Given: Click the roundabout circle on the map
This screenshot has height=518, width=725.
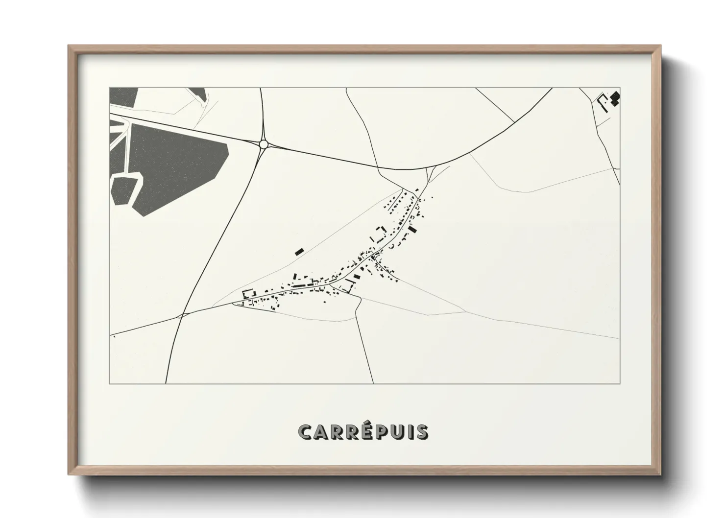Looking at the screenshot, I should coord(264,144).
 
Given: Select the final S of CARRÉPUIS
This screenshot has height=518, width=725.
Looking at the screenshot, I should coord(421,432).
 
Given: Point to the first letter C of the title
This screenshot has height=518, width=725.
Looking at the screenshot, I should coord(306,432).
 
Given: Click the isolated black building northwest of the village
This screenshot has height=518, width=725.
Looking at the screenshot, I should coord(299,252).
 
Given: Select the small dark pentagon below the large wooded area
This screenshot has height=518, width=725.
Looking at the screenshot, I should coord(125,189).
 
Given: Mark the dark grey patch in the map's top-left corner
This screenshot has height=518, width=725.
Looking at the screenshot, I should coord(122,97).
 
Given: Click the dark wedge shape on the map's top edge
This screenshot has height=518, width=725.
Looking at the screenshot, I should coord(198,93).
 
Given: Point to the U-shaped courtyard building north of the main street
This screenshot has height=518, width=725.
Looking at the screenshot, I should coord(379,234).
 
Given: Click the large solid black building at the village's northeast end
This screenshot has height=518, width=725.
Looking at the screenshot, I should coord(412,230).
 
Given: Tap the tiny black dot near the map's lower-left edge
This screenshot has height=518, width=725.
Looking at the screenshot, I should coord(114,336).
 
